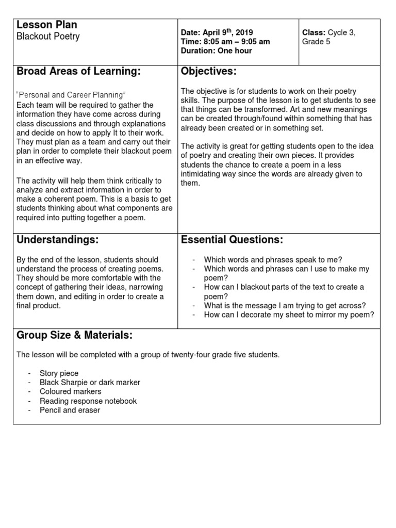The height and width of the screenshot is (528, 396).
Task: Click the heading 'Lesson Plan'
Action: pyautogui.click(x=47, y=25)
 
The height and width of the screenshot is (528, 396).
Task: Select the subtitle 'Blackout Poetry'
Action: pyautogui.click(x=48, y=37)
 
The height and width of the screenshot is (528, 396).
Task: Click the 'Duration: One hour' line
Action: pyautogui.click(x=217, y=51)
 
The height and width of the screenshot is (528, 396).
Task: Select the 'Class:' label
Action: pyautogui.click(x=314, y=32)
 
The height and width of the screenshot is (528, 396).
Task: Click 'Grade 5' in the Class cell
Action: pyautogui.click(x=316, y=42)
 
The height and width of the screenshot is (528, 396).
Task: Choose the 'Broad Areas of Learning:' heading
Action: pyautogui.click(x=78, y=72)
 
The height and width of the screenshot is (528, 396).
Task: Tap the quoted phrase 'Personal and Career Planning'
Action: pyautogui.click(x=71, y=95)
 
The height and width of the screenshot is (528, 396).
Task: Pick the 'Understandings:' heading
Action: pyautogui.click(x=57, y=240)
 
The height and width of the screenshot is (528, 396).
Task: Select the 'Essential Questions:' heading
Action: pyautogui.click(x=232, y=240)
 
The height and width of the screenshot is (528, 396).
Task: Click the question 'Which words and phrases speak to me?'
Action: pyautogui.click(x=273, y=260)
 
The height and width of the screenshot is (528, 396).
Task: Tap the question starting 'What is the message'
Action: pyautogui.click(x=285, y=306)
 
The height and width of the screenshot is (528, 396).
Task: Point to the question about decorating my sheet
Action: pyautogui.click(x=289, y=315)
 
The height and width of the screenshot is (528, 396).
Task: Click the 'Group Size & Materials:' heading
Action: pyautogui.click(x=74, y=336)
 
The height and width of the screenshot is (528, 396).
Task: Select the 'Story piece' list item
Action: pyautogui.click(x=59, y=373)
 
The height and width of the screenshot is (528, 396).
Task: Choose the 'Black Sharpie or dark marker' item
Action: pyautogui.click(x=90, y=383)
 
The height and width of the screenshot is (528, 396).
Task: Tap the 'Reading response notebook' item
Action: pyautogui.click(x=88, y=401)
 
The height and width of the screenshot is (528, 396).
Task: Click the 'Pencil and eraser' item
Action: pyautogui.click(x=70, y=410)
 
